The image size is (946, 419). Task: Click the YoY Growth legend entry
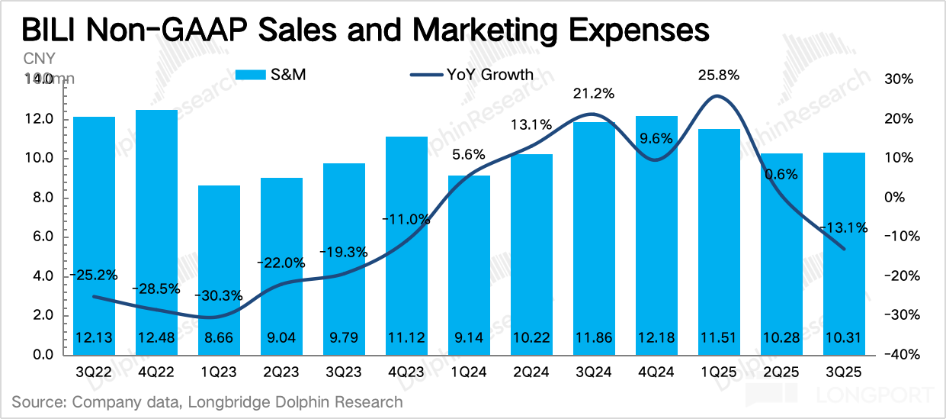click(472, 75)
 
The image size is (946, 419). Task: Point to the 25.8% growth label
click(719, 75)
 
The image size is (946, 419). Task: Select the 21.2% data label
click(595, 93)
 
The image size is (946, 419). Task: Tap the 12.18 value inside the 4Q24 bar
click(656, 337)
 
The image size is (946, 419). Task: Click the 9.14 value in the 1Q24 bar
click(470, 337)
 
